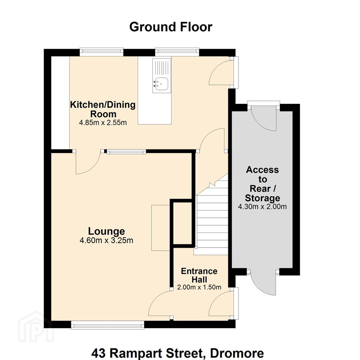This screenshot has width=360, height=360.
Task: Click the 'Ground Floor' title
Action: coord(171,27)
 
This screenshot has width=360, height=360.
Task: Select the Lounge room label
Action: coord(107,231)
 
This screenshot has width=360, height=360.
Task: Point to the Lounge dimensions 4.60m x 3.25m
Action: coord(106,240)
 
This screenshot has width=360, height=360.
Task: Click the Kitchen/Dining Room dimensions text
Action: coord(103,123)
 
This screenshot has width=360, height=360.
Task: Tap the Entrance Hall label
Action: coord(199,275)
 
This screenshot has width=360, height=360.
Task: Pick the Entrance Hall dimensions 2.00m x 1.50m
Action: coord(199,287)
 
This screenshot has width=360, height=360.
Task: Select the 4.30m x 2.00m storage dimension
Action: coord(262,207)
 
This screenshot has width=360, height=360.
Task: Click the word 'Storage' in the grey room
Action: coord(262,198)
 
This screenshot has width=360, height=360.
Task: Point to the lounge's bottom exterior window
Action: coord(107,325)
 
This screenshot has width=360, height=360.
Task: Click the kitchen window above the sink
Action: coord(177,52)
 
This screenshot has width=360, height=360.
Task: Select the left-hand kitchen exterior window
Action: coord(101,52)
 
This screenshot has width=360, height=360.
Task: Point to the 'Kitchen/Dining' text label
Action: coord(103,105)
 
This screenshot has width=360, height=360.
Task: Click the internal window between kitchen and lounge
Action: coord(126,152)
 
